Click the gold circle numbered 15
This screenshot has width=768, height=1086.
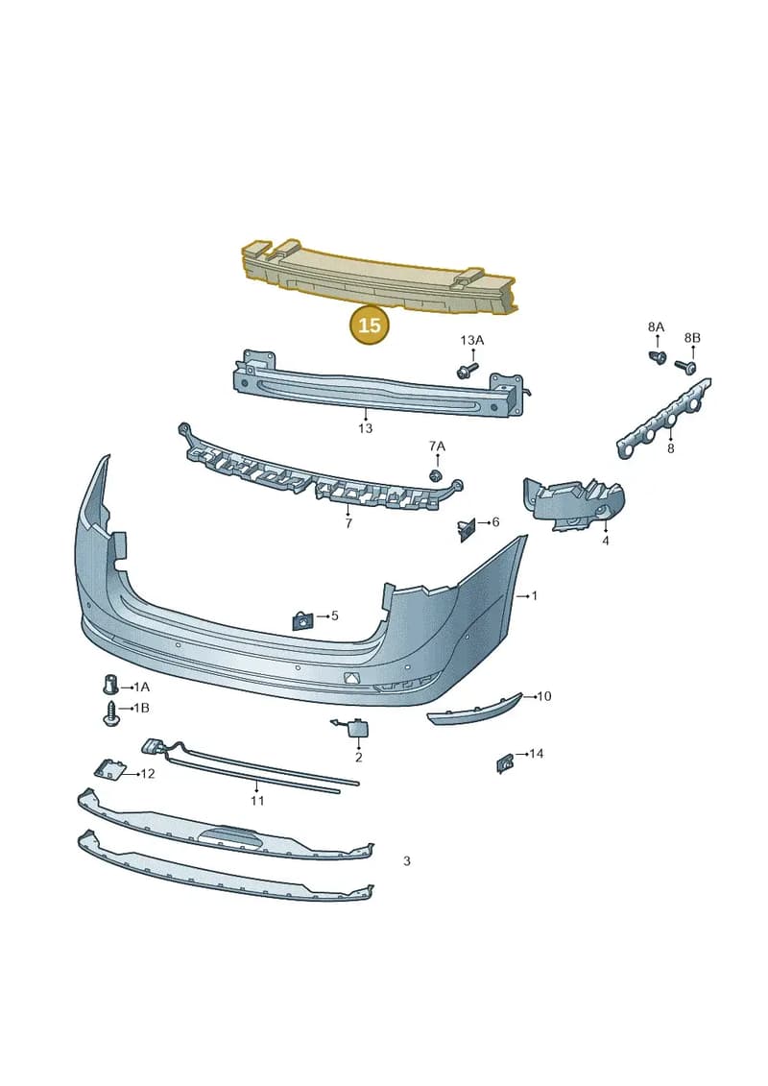[x=370, y=325]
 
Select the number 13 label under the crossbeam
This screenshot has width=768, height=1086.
[x=365, y=428]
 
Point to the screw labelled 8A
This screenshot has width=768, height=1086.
[x=658, y=356]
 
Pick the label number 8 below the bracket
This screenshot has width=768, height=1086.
[x=670, y=448]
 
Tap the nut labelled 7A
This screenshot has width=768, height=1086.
[x=436, y=474]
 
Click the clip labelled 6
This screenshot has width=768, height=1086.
[x=466, y=529]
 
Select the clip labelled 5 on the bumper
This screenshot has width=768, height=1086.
[x=302, y=620]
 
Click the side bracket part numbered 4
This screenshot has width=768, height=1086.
[x=573, y=503]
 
